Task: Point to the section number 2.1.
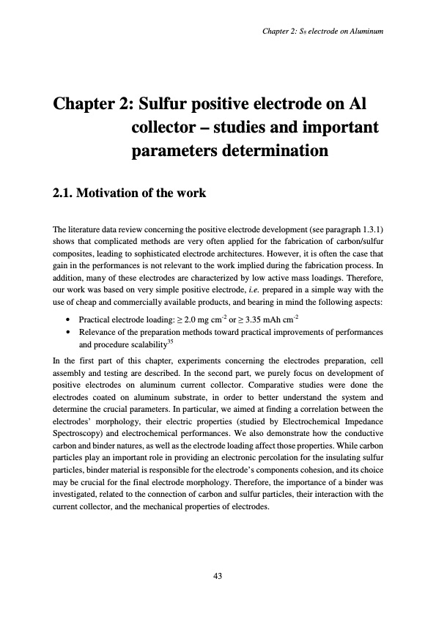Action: pos(67,193)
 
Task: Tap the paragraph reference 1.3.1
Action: pos(370,233)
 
